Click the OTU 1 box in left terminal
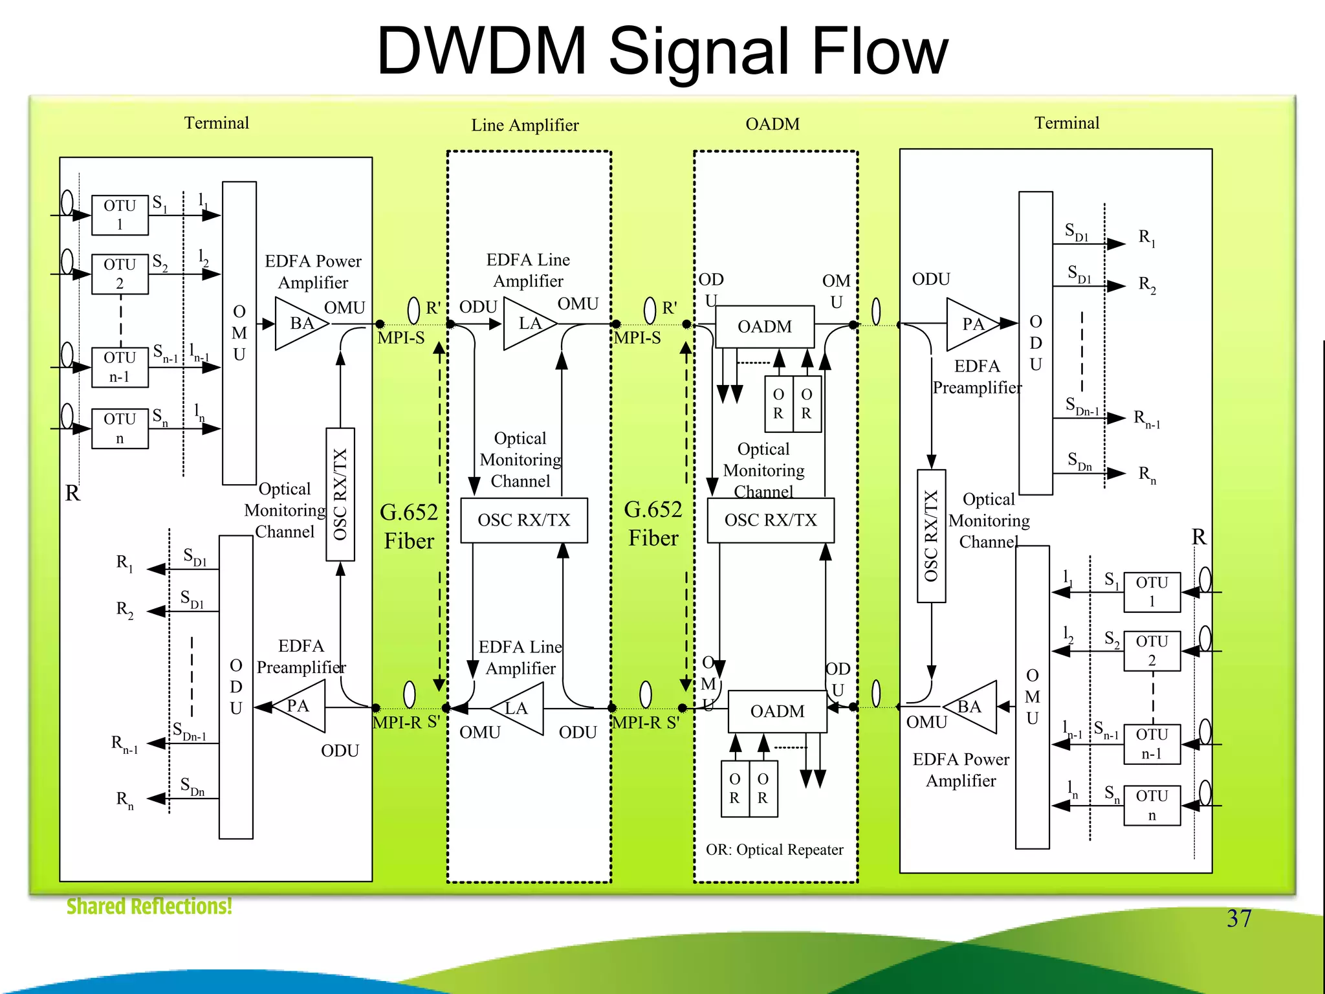(120, 215)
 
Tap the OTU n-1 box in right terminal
(1152, 744)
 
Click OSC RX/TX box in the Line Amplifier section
(524, 520)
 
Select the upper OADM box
(765, 327)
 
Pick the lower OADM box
(777, 711)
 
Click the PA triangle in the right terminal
(970, 324)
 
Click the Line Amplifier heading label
(525, 125)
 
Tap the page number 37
(1239, 918)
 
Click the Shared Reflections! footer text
(149, 907)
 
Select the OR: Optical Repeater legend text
(774, 850)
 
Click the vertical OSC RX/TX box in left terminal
(340, 494)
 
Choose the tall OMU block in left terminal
(239, 333)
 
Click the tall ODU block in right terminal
(1035, 343)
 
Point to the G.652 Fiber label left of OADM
(653, 524)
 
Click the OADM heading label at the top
(772, 124)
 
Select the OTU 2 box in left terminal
(120, 274)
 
